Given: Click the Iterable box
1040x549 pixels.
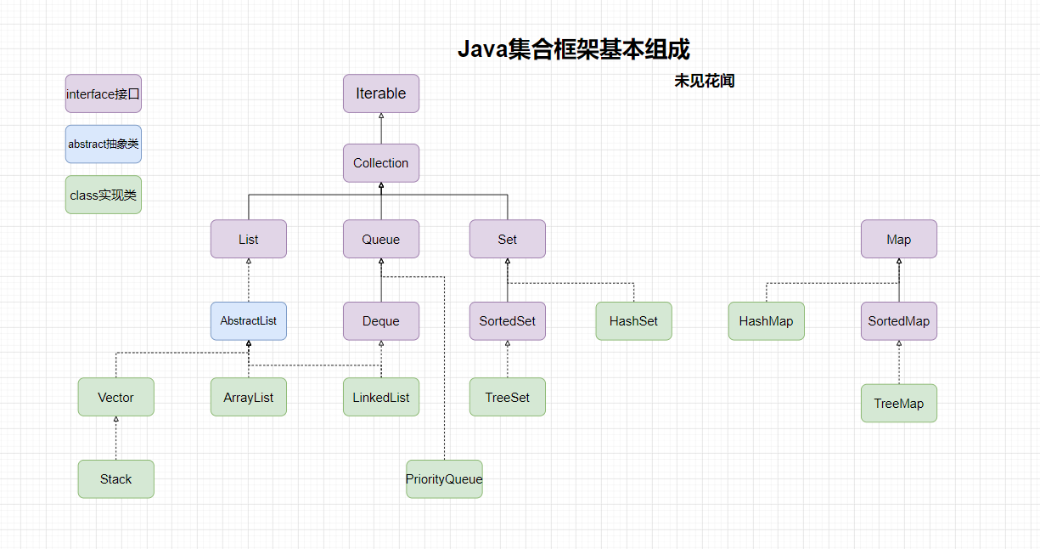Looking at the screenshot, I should click(x=381, y=93).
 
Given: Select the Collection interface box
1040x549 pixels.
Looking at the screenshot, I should click(x=381, y=163).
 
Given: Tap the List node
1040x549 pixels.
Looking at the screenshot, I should click(x=249, y=240).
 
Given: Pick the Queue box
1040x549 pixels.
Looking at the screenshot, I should click(x=381, y=240).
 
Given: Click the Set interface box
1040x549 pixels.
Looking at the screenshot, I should click(x=508, y=240).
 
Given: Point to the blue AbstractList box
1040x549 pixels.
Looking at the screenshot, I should click(x=249, y=321).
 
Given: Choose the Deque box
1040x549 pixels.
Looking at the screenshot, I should click(x=381, y=321).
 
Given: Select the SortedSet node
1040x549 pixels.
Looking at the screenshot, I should click(x=508, y=321).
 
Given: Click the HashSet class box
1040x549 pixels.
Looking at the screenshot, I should click(x=634, y=321).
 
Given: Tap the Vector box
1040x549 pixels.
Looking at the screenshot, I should click(x=116, y=397).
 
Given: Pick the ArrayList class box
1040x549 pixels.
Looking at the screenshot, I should click(x=249, y=397).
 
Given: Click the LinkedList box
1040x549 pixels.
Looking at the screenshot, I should click(x=381, y=397).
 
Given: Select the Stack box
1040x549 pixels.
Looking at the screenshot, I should click(x=116, y=479).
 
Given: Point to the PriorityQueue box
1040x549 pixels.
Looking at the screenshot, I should click(x=444, y=479).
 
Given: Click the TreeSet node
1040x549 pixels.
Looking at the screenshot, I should click(x=508, y=397).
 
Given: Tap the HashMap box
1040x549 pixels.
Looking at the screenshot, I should click(x=767, y=321).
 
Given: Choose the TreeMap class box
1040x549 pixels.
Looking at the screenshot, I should click(x=899, y=404).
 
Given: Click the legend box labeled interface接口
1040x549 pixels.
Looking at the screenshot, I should click(x=104, y=93).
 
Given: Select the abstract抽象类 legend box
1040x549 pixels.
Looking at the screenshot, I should click(x=104, y=144).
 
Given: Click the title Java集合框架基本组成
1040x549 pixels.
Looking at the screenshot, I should click(x=574, y=49).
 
